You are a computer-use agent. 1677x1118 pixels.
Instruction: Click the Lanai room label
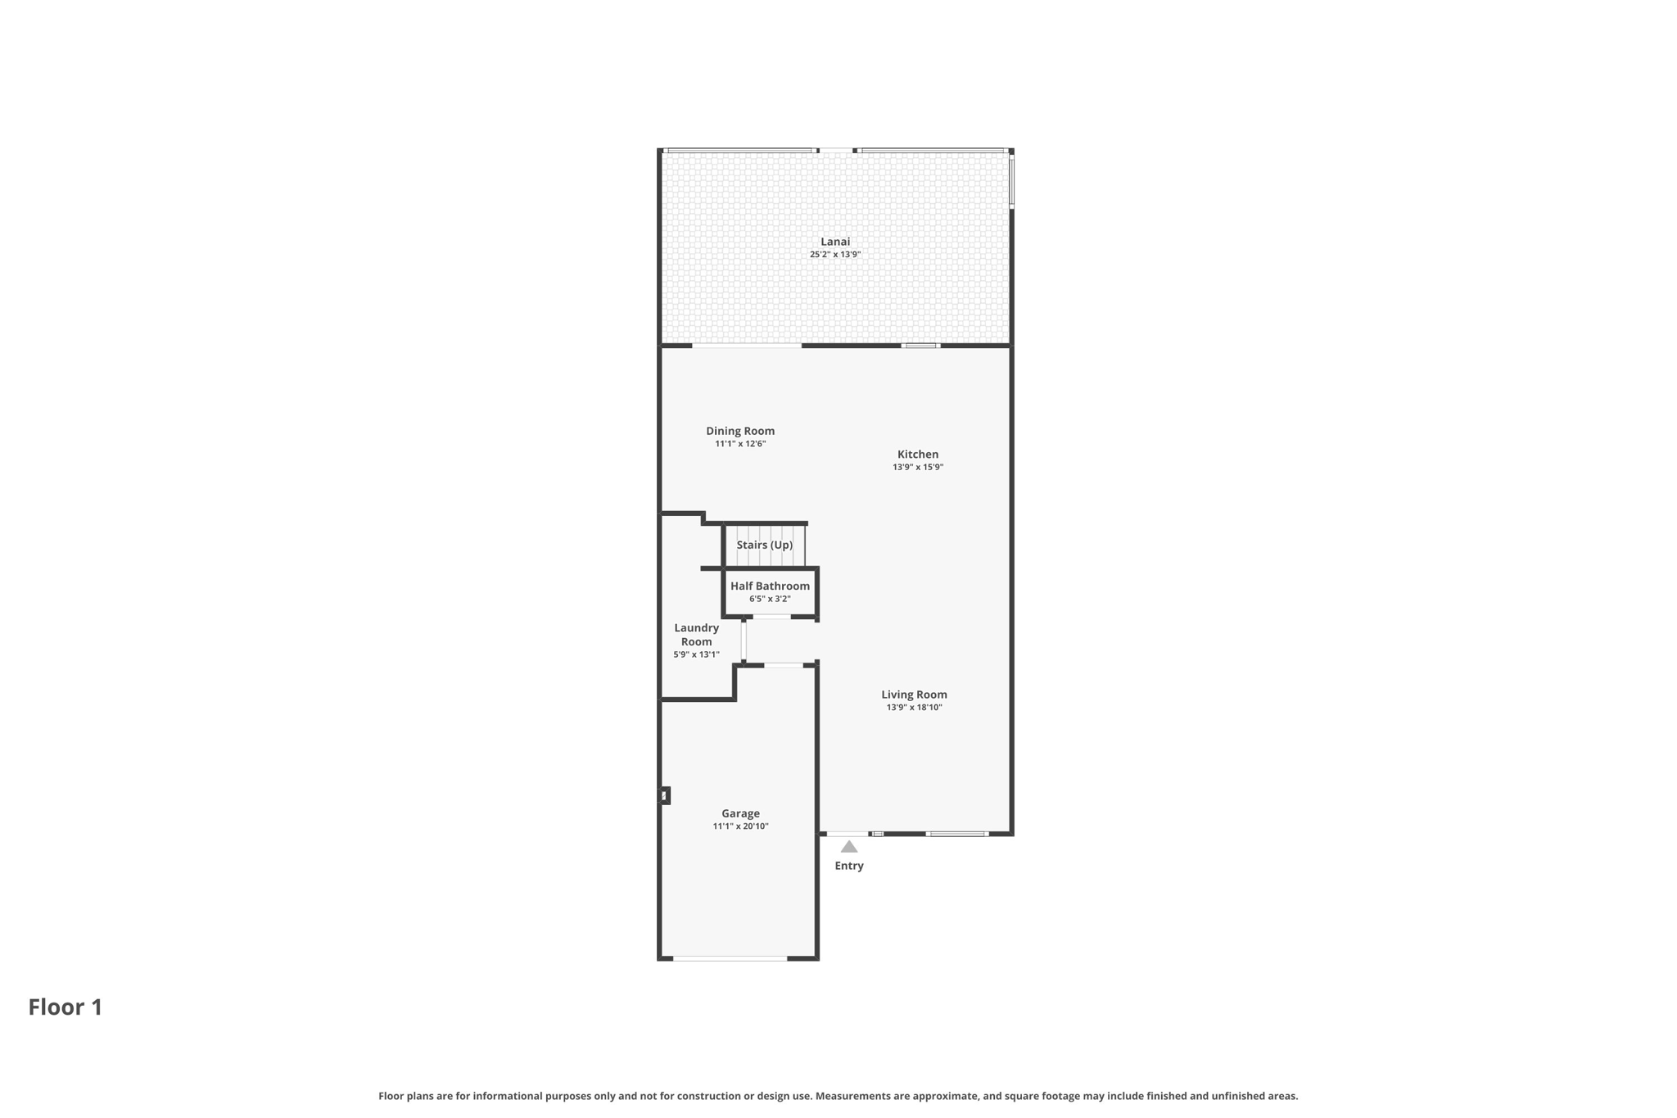[835, 242]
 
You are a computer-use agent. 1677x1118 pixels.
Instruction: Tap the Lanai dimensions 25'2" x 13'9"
[835, 255]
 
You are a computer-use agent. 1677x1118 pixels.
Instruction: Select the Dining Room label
[740, 431]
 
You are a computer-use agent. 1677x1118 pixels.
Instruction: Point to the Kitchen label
[918, 455]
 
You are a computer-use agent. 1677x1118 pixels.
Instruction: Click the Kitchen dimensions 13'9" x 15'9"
[918, 468]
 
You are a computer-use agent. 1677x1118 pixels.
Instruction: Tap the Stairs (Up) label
[764, 545]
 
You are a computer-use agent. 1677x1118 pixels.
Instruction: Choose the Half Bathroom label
[770, 586]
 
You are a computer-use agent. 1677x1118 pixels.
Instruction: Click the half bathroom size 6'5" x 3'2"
[770, 600]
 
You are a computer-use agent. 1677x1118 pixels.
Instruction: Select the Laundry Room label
[696, 635]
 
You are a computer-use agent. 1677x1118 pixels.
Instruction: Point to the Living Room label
[914, 695]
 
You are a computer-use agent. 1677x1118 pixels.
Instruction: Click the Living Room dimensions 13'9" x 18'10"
[914, 708]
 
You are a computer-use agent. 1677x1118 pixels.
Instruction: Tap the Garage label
[740, 813]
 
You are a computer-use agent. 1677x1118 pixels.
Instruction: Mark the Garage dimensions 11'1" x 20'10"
[740, 826]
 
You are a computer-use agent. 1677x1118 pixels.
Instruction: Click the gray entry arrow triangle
[849, 847]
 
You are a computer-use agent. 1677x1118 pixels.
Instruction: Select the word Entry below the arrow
[849, 866]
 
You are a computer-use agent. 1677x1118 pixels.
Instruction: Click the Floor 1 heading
[66, 1007]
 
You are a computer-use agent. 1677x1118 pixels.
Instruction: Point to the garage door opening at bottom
[730, 958]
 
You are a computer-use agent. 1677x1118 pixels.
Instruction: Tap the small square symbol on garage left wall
[665, 795]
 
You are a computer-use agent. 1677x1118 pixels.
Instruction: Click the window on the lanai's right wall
[1011, 182]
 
